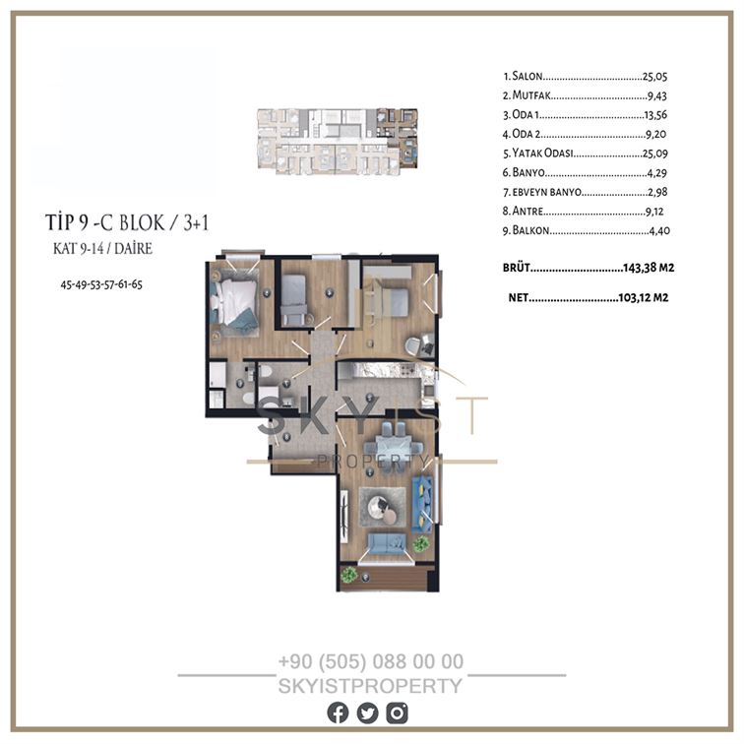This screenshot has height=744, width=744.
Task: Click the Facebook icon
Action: click(x=338, y=713)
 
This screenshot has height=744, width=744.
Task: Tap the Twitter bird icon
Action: click(x=367, y=713)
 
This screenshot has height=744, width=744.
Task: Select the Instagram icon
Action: click(x=397, y=713)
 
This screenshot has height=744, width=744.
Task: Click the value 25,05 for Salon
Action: click(x=654, y=77)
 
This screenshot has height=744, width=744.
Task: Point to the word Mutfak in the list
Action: click(x=531, y=95)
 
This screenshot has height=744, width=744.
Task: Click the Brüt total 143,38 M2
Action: click(x=649, y=268)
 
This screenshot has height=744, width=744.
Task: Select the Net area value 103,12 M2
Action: click(x=644, y=297)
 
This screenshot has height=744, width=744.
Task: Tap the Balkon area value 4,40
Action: click(x=659, y=230)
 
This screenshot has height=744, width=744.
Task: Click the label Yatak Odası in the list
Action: click(x=542, y=153)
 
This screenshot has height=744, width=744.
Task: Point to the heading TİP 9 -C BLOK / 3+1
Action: click(x=127, y=222)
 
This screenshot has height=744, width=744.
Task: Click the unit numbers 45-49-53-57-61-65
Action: click(x=101, y=284)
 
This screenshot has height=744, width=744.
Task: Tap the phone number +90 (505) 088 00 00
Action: click(x=371, y=661)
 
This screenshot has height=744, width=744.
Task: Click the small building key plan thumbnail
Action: click(x=338, y=142)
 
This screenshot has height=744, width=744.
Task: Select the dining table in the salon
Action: click(x=393, y=447)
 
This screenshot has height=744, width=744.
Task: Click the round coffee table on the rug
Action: click(x=383, y=508)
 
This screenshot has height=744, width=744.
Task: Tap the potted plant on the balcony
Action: click(x=349, y=575)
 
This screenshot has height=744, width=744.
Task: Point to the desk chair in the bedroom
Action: click(x=412, y=344)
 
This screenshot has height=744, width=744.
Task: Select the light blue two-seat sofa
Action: click(x=387, y=543)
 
